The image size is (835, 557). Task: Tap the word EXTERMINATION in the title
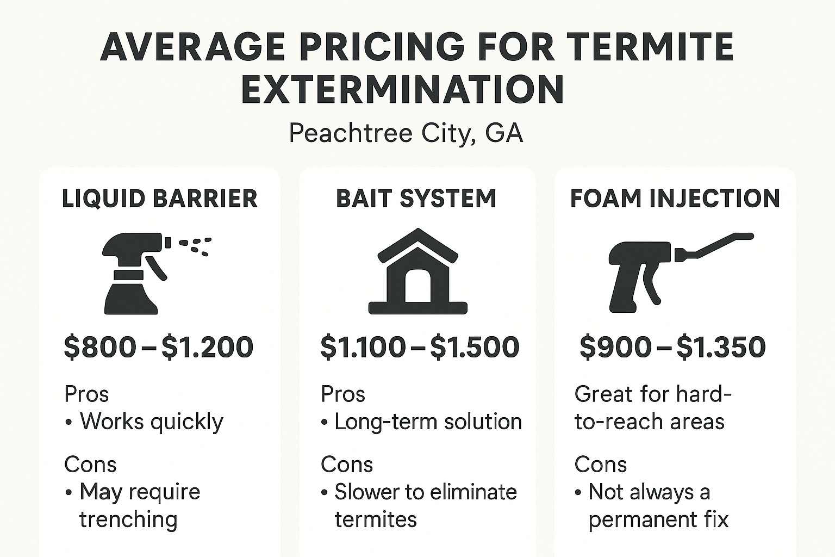402,89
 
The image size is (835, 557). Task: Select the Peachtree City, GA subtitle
406,133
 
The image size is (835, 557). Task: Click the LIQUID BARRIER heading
160,199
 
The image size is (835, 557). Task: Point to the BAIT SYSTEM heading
416,199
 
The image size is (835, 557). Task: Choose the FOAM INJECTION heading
675,199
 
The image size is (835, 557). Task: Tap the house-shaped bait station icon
417,272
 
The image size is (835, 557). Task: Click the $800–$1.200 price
159,347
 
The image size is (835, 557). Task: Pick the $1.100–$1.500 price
420,347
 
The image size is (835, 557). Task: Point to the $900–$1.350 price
673,347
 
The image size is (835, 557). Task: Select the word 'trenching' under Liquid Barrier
128,519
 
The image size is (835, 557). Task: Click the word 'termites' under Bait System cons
376,519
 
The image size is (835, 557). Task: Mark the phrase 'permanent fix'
658,519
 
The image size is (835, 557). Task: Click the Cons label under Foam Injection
601,465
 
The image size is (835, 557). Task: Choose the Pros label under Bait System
343,394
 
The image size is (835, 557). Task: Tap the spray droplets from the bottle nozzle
196,245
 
